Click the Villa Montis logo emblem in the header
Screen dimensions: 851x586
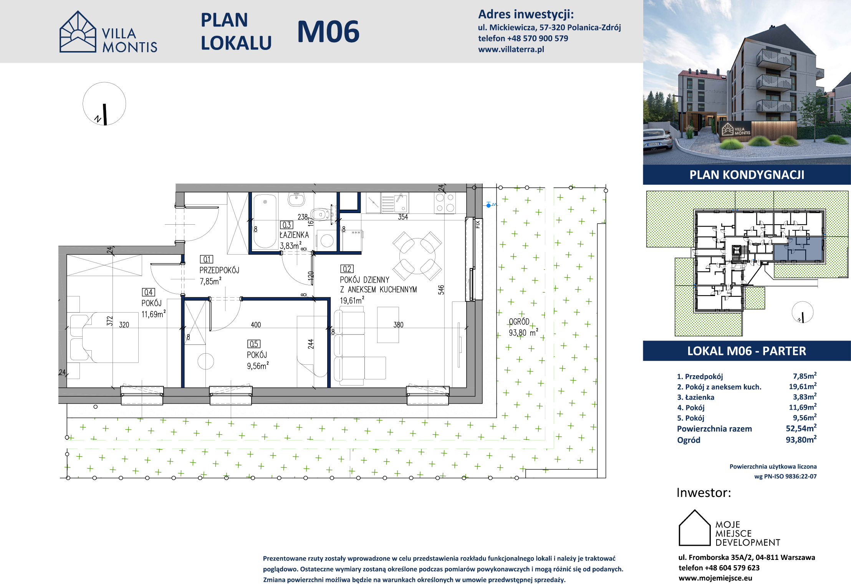tap(78, 31)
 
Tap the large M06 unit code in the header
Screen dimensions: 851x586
tap(328, 31)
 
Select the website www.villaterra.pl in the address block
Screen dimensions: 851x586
tap(511, 49)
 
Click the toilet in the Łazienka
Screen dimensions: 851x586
tap(321, 214)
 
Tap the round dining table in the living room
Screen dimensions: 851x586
tap(417, 256)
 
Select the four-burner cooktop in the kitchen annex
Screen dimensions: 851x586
tap(445, 202)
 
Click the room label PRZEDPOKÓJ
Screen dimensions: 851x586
tap(219, 270)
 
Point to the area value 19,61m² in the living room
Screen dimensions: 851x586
tap(352, 300)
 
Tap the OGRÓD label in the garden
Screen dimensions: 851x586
tap(519, 321)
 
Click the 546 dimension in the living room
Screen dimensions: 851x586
tap(441, 290)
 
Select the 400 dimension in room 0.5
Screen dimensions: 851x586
tap(256, 325)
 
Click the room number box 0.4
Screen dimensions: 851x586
tap(149, 292)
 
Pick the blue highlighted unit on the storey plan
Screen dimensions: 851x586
tap(798, 248)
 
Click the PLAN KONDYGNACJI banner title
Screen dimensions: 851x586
tap(747, 175)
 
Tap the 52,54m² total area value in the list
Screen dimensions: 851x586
tap(801, 428)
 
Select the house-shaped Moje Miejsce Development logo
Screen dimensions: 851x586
tap(695, 528)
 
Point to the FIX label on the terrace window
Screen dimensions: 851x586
tap(478, 224)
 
